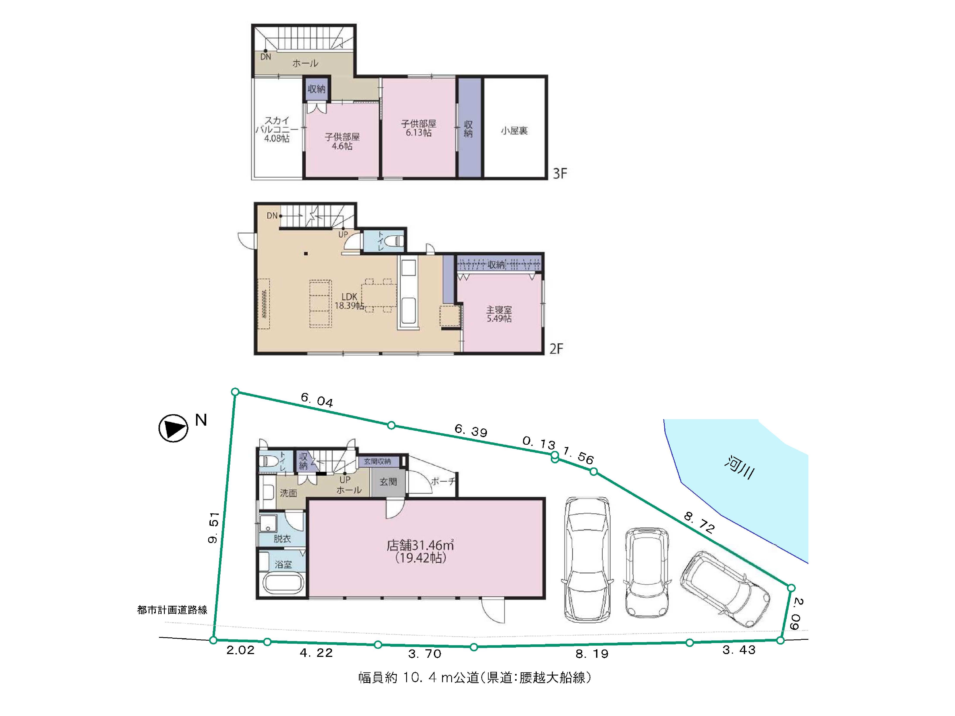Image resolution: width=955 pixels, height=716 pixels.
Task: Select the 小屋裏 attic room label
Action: click(514, 130)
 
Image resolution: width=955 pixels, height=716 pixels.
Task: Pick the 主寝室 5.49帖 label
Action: click(499, 314)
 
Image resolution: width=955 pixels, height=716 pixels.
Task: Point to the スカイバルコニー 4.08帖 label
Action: click(277, 129)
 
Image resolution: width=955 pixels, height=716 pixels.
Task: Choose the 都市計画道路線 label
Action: click(172, 610)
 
